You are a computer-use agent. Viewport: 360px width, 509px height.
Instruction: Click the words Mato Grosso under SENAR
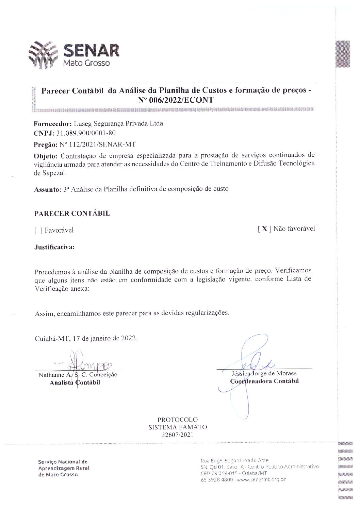(x=87, y=63)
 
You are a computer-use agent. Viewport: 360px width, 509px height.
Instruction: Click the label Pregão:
(x=46, y=145)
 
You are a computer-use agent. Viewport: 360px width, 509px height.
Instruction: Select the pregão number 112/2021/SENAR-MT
(x=98, y=144)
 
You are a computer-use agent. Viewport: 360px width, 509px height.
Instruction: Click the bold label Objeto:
(x=46, y=156)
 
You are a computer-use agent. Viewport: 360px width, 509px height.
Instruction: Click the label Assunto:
(x=47, y=189)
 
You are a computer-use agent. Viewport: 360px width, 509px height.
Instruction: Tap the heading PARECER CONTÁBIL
(x=72, y=214)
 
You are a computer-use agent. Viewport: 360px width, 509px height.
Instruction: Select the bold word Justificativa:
(x=54, y=247)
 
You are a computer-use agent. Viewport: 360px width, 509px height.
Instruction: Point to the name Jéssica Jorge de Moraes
(x=264, y=373)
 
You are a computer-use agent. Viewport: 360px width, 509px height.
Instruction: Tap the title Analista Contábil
(x=75, y=383)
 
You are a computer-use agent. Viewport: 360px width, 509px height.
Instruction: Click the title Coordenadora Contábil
(x=264, y=381)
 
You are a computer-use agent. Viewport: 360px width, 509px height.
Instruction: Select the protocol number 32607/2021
(x=177, y=434)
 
